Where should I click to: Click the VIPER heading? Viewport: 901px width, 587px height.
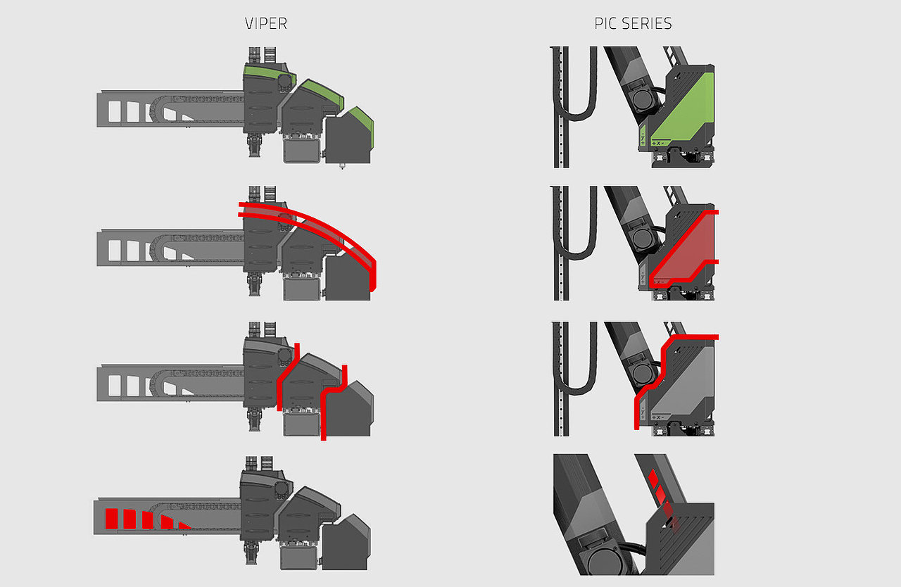266,24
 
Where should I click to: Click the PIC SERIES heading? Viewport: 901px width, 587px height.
633,24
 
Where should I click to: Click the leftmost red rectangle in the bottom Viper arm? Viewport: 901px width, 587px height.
111,518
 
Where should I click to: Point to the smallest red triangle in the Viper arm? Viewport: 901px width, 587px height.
184,526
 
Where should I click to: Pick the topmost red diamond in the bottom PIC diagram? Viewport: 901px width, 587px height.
653,477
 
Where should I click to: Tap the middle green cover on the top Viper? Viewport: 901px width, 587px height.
322,94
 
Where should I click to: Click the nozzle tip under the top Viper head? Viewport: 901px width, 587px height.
342,166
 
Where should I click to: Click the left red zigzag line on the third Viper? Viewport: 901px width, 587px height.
287,376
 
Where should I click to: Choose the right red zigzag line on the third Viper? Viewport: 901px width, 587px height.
333,402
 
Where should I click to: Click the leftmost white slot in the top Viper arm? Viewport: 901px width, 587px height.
115,111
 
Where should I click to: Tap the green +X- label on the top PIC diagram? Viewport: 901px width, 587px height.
659,143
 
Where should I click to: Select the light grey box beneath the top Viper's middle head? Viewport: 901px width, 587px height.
302,151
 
